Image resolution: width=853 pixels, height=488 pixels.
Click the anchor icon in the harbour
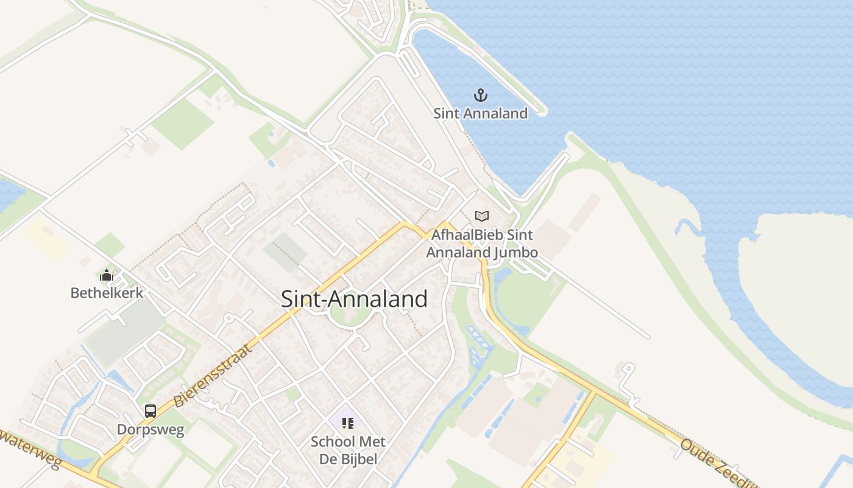(481, 95)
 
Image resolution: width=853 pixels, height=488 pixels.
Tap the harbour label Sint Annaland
(480, 113)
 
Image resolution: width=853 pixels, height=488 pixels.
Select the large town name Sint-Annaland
(354, 299)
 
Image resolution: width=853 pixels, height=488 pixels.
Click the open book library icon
(482, 216)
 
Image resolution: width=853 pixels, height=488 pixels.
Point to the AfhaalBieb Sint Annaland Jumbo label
(482, 243)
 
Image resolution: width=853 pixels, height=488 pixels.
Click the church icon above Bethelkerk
(107, 275)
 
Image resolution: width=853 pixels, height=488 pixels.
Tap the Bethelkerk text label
(107, 293)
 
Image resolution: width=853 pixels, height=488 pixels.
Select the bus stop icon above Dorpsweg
(150, 411)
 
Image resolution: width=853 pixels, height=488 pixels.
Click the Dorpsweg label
(150, 429)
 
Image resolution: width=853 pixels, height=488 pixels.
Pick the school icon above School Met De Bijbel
(348, 423)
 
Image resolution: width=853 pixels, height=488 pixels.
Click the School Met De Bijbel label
(348, 450)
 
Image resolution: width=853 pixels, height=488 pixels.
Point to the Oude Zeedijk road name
(716, 464)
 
